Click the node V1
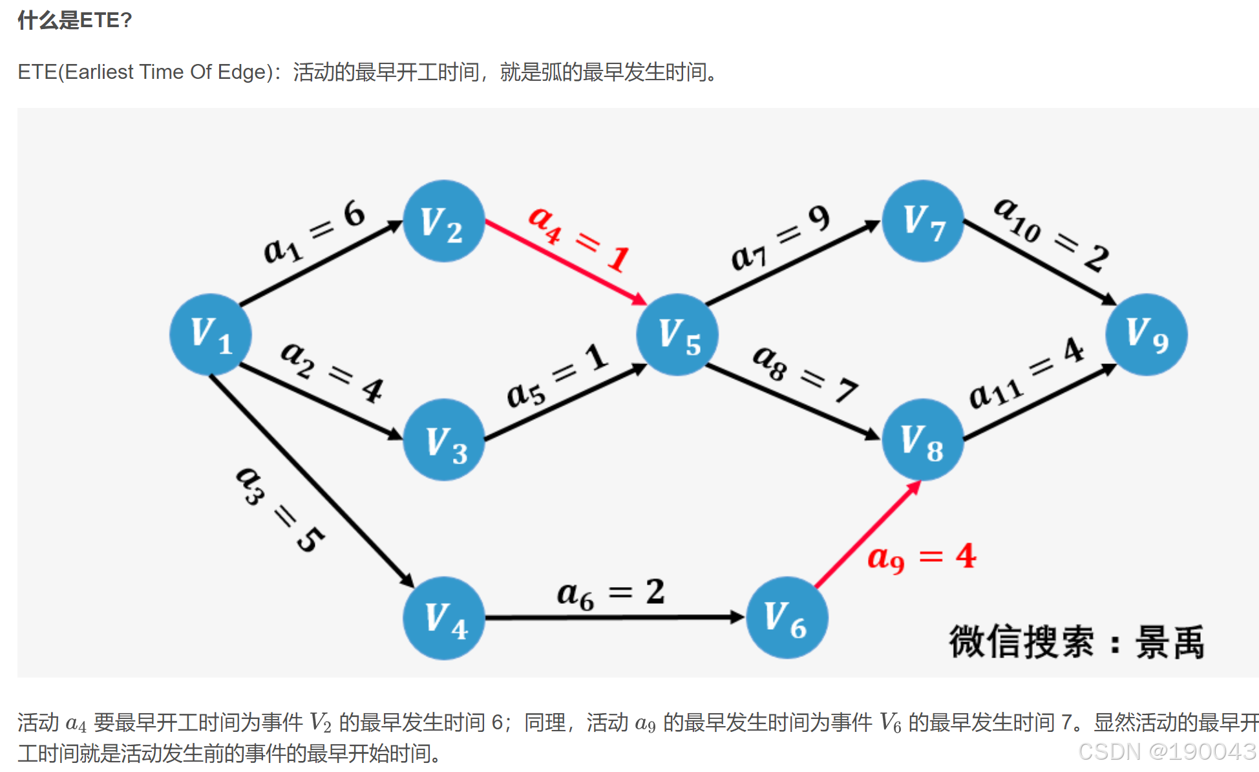click(x=211, y=334)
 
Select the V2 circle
click(x=443, y=221)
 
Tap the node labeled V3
click(x=444, y=440)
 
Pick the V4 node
click(x=444, y=618)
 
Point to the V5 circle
click(x=677, y=334)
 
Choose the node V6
click(x=787, y=618)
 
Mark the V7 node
click(x=923, y=221)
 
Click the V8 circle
click(x=923, y=440)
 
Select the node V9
click(x=1146, y=334)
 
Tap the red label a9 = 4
click(x=921, y=557)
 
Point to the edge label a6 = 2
click(x=610, y=594)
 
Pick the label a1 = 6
click(x=314, y=231)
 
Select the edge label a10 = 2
click(x=1051, y=234)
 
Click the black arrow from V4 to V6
click(x=614, y=617)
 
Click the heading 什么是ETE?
click(x=75, y=21)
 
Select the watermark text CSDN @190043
click(x=1167, y=751)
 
